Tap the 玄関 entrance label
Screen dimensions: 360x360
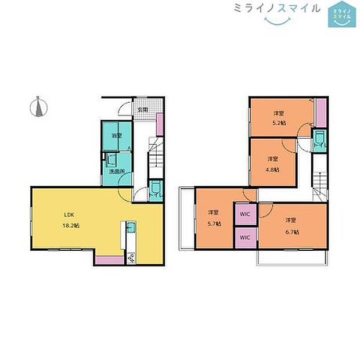pyautogui.click(x=142, y=109)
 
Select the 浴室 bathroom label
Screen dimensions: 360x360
pyautogui.click(x=117, y=135)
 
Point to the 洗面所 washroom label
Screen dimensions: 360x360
pyautogui.click(x=117, y=171)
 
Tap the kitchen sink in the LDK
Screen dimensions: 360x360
pyautogui.click(x=130, y=227)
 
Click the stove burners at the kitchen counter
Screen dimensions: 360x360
pyautogui.click(x=130, y=258)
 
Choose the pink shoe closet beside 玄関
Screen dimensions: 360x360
pyautogui.click(x=159, y=124)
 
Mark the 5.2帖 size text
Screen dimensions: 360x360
pyautogui.click(x=279, y=123)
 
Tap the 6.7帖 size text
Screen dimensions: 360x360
pyautogui.click(x=292, y=232)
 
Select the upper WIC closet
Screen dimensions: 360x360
pyautogui.click(x=245, y=214)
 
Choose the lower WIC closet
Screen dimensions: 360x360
pyautogui.click(x=245, y=237)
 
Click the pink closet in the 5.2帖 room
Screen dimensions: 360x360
pyautogui.click(x=319, y=112)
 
